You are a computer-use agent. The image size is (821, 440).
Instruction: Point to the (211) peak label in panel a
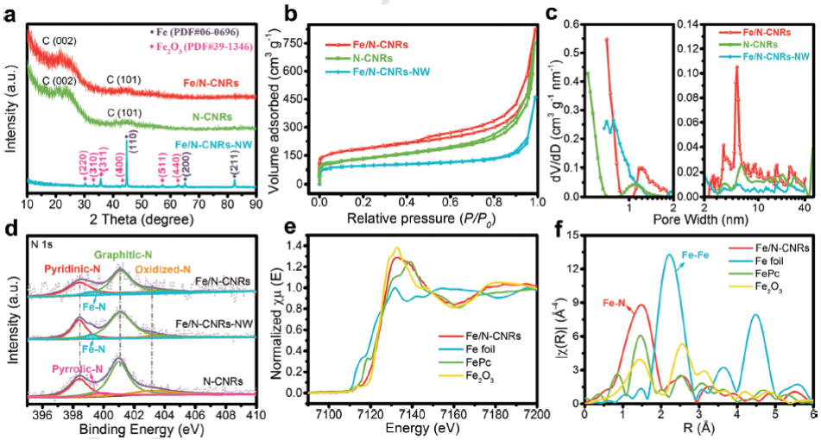[235, 157]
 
